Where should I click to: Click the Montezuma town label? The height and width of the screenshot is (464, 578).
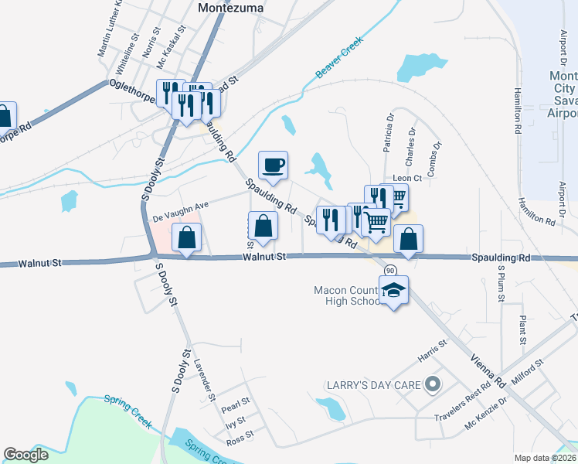coord(230,7)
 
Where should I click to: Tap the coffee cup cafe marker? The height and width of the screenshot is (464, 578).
coord(273,165)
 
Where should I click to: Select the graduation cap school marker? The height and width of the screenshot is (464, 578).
coord(394,291)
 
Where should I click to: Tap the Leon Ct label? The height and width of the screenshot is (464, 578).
coord(406,178)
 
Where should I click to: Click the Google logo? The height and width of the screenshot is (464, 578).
coord(26,455)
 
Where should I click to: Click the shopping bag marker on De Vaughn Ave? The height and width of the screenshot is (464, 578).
coord(188,238)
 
